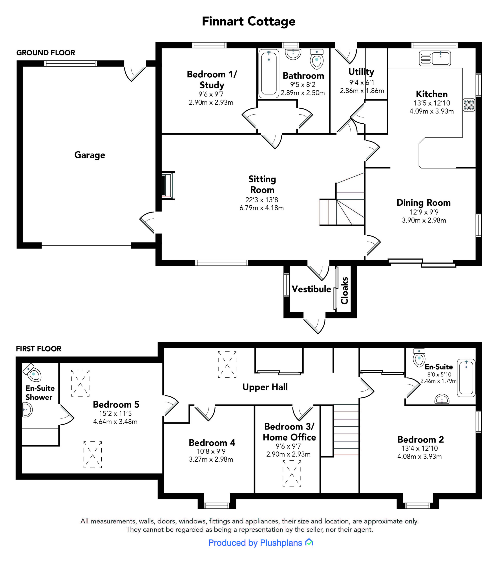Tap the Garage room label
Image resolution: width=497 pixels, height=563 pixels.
pos(90,155)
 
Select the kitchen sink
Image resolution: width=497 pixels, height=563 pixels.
pos(435,58)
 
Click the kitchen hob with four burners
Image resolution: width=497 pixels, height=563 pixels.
pos(469,105)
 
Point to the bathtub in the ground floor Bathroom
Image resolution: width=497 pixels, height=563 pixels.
pos(269,73)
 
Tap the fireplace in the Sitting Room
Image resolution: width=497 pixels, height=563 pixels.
pos(168,185)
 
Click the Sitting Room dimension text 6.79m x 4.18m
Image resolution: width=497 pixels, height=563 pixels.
pos(261,208)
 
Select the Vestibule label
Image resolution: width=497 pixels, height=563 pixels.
pos(311,289)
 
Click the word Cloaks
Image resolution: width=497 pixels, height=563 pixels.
pos(344,291)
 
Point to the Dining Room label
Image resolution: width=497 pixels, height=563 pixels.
pos(424,203)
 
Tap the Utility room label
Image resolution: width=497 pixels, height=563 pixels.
pos(361,72)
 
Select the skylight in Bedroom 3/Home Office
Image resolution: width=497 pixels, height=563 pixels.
pos(292,473)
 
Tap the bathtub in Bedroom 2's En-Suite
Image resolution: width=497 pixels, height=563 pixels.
pos(466,378)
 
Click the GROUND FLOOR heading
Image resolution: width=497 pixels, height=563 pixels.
pos(46,53)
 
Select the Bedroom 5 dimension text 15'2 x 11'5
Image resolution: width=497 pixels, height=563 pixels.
pos(115,413)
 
